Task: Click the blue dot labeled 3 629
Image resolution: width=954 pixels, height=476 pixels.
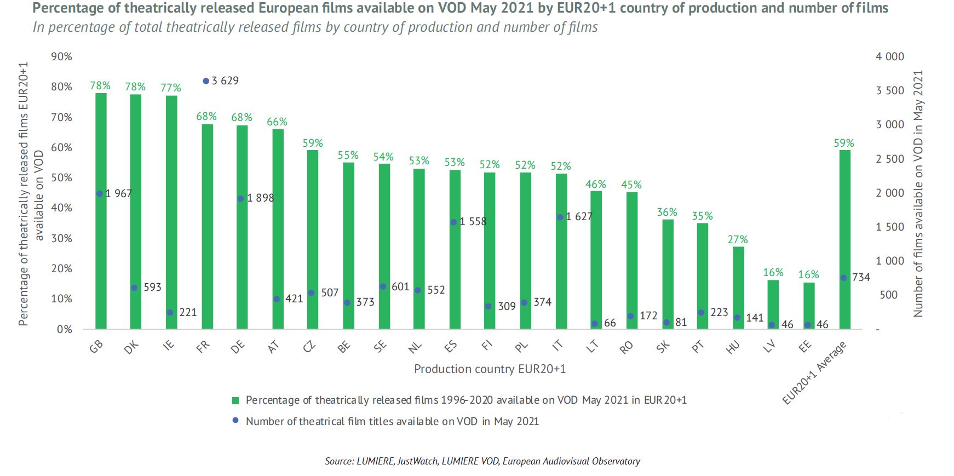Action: [x=206, y=81]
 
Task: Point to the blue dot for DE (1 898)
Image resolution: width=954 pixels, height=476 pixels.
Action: [x=240, y=198]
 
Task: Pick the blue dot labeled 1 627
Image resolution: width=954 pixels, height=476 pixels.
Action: [x=560, y=217]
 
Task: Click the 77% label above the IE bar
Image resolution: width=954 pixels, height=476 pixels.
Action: [x=170, y=88]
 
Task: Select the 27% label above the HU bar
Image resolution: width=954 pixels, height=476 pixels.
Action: [x=737, y=239]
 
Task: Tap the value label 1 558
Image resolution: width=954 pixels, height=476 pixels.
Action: [x=473, y=222]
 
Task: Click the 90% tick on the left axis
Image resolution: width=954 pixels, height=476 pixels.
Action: [x=61, y=56]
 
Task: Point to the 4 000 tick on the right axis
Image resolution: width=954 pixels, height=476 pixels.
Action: [x=889, y=56]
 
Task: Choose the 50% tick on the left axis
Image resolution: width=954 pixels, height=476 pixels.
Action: [x=61, y=177]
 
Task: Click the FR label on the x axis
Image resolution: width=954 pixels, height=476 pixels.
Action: [x=203, y=347]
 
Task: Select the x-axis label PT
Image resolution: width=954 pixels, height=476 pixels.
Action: [x=698, y=347]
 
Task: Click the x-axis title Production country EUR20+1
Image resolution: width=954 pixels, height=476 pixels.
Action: [x=490, y=369]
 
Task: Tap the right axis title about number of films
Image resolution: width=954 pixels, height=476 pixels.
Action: [x=918, y=193]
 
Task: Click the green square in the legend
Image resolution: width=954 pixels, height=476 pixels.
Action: [x=235, y=400]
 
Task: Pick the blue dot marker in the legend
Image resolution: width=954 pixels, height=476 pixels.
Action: [x=235, y=421]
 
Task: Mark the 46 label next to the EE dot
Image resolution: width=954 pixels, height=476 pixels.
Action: [x=822, y=324]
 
